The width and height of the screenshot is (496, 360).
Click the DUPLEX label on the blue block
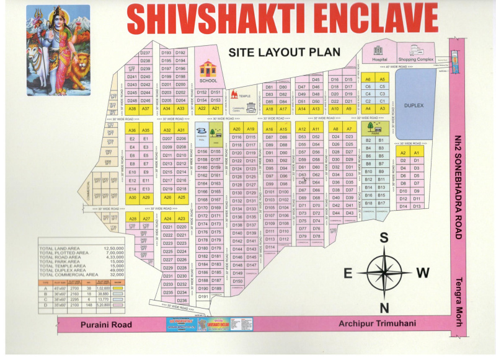[414, 105]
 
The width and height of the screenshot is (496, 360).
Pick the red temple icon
[234, 95]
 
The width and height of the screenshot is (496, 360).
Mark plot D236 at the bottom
[181, 300]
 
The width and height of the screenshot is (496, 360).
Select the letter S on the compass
[384, 237]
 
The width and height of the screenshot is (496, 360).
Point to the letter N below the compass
[384, 308]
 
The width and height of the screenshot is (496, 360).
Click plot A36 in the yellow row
[132, 130]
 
